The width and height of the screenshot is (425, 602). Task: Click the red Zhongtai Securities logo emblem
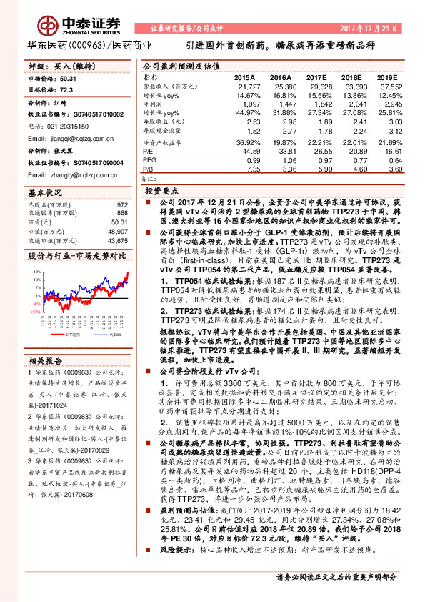pyautogui.click(x=30, y=19)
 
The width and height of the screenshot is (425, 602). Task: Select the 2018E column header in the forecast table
pyautogui.click(x=350, y=76)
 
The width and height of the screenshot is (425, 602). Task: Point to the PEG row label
pyautogui.click(x=149, y=161)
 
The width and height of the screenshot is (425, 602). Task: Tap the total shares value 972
pyautogui.click(x=123, y=205)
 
